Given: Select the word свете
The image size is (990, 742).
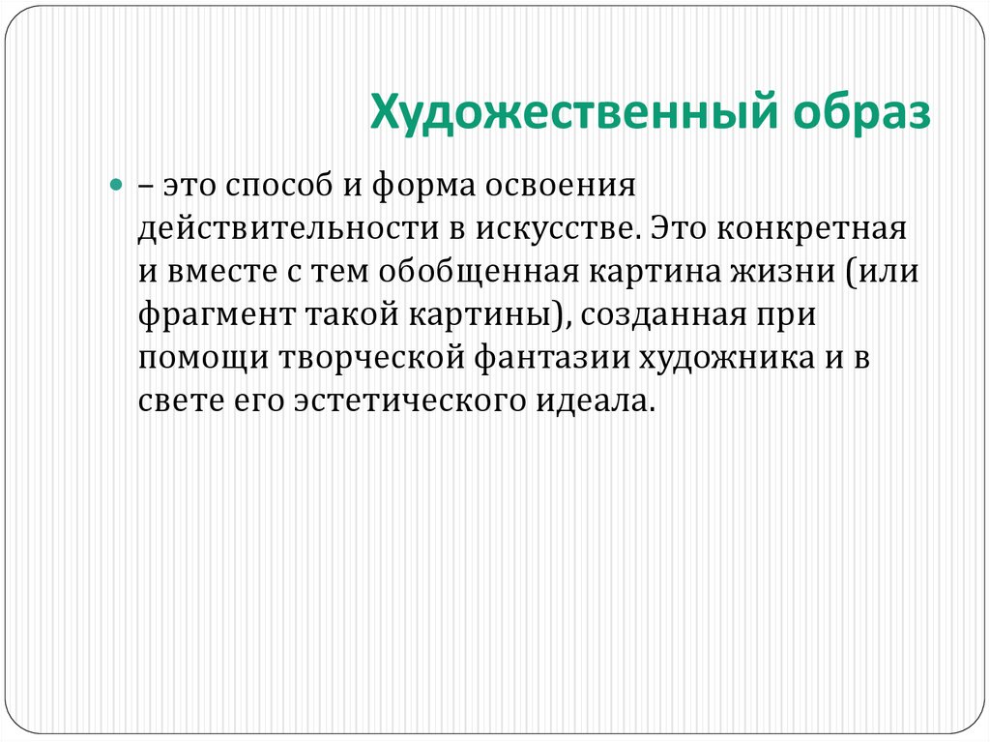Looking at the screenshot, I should (171, 401).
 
